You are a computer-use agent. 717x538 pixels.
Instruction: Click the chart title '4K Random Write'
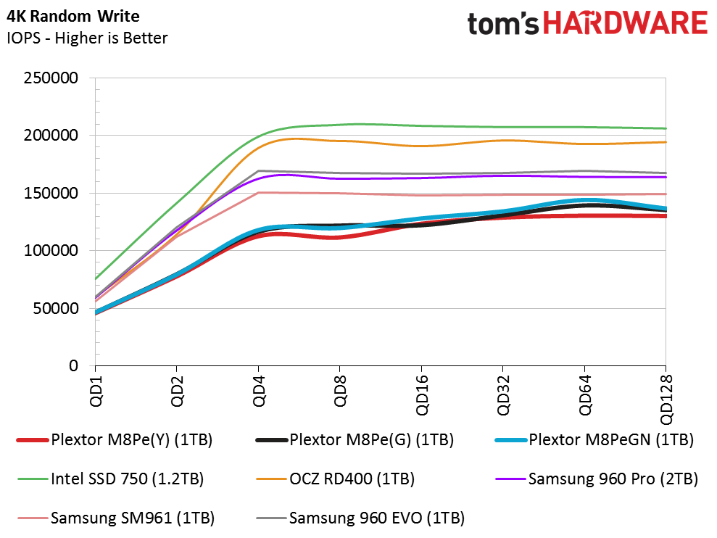point(73,17)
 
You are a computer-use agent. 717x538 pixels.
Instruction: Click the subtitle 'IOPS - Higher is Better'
point(87,38)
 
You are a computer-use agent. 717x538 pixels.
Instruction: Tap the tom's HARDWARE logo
point(588,23)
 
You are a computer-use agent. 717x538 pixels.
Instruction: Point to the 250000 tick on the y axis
point(51,78)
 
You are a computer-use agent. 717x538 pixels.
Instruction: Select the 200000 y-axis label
point(51,136)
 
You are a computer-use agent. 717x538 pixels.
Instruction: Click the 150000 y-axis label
point(51,193)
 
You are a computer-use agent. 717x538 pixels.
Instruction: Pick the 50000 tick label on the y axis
point(55,308)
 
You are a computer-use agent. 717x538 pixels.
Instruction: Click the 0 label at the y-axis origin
point(74,366)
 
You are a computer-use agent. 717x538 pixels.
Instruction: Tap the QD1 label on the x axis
point(96,391)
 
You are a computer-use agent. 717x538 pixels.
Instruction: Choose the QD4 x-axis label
point(259,391)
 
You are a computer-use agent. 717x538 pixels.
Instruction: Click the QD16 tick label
point(422,395)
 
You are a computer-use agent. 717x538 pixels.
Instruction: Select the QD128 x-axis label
point(666,400)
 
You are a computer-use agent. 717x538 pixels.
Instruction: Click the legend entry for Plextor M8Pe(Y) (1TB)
point(115,440)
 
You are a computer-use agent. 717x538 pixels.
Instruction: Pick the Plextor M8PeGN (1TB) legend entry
point(594,440)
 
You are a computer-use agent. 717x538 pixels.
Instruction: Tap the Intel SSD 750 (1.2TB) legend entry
point(111,479)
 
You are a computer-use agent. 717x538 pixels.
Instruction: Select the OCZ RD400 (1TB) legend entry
point(336,479)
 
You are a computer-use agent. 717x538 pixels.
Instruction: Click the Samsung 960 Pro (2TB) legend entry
point(597,479)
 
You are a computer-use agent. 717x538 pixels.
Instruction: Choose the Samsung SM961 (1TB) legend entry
point(116,518)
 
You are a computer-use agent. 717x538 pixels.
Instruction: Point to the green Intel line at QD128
point(666,128)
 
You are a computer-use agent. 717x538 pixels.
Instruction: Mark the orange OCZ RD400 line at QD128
point(666,142)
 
